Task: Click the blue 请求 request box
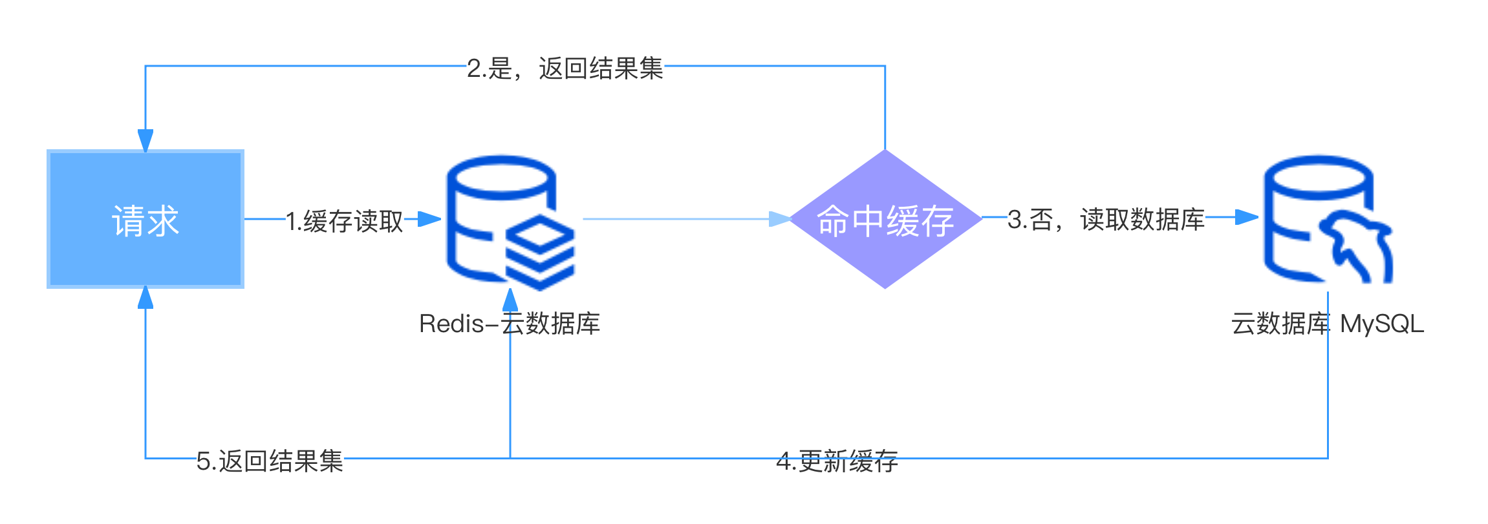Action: (x=146, y=219)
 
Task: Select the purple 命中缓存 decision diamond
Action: (x=885, y=219)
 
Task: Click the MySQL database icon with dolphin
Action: (x=1328, y=219)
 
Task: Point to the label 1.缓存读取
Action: (x=345, y=221)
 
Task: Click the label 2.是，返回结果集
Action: (x=565, y=68)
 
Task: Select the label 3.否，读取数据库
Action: (x=1106, y=219)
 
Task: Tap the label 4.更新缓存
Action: (x=837, y=461)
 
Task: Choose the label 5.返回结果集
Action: (x=270, y=461)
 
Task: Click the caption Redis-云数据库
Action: (x=510, y=324)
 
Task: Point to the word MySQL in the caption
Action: (x=1382, y=324)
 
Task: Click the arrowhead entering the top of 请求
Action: (x=146, y=140)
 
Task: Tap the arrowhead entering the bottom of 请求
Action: (x=146, y=298)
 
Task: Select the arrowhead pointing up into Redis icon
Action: (x=510, y=300)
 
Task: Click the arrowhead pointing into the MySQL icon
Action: (x=1247, y=217)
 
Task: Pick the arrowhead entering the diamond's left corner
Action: (x=780, y=219)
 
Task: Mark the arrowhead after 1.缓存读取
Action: (x=429, y=219)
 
